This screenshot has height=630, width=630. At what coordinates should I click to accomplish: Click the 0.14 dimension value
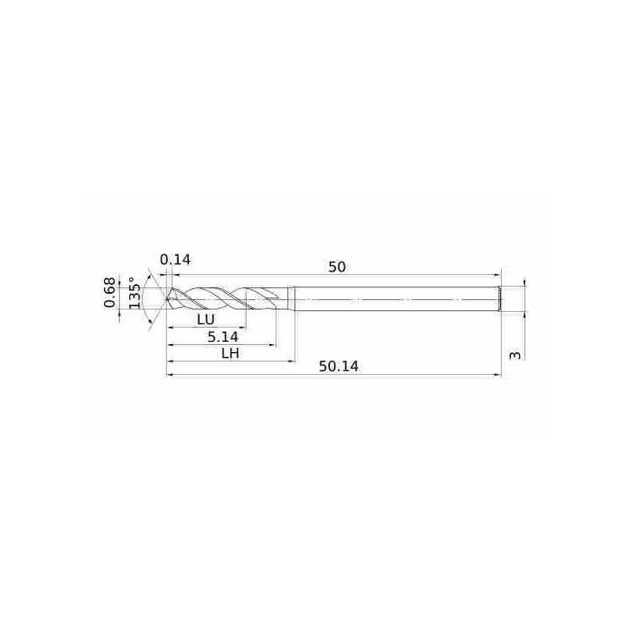175,260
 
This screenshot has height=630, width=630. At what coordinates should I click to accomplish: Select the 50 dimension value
337,267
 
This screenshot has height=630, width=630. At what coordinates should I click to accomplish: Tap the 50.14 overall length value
339,366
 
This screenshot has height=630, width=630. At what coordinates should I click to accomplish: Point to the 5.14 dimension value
223,337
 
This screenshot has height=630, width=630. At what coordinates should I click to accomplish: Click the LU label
206,320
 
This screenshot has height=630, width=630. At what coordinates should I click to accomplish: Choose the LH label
231,354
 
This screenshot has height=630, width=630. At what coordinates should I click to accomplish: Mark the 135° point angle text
135,293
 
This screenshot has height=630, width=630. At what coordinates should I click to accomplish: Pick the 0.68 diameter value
109,292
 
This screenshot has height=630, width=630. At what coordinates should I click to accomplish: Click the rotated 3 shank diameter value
515,356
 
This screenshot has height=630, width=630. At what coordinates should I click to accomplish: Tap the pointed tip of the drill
166,299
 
